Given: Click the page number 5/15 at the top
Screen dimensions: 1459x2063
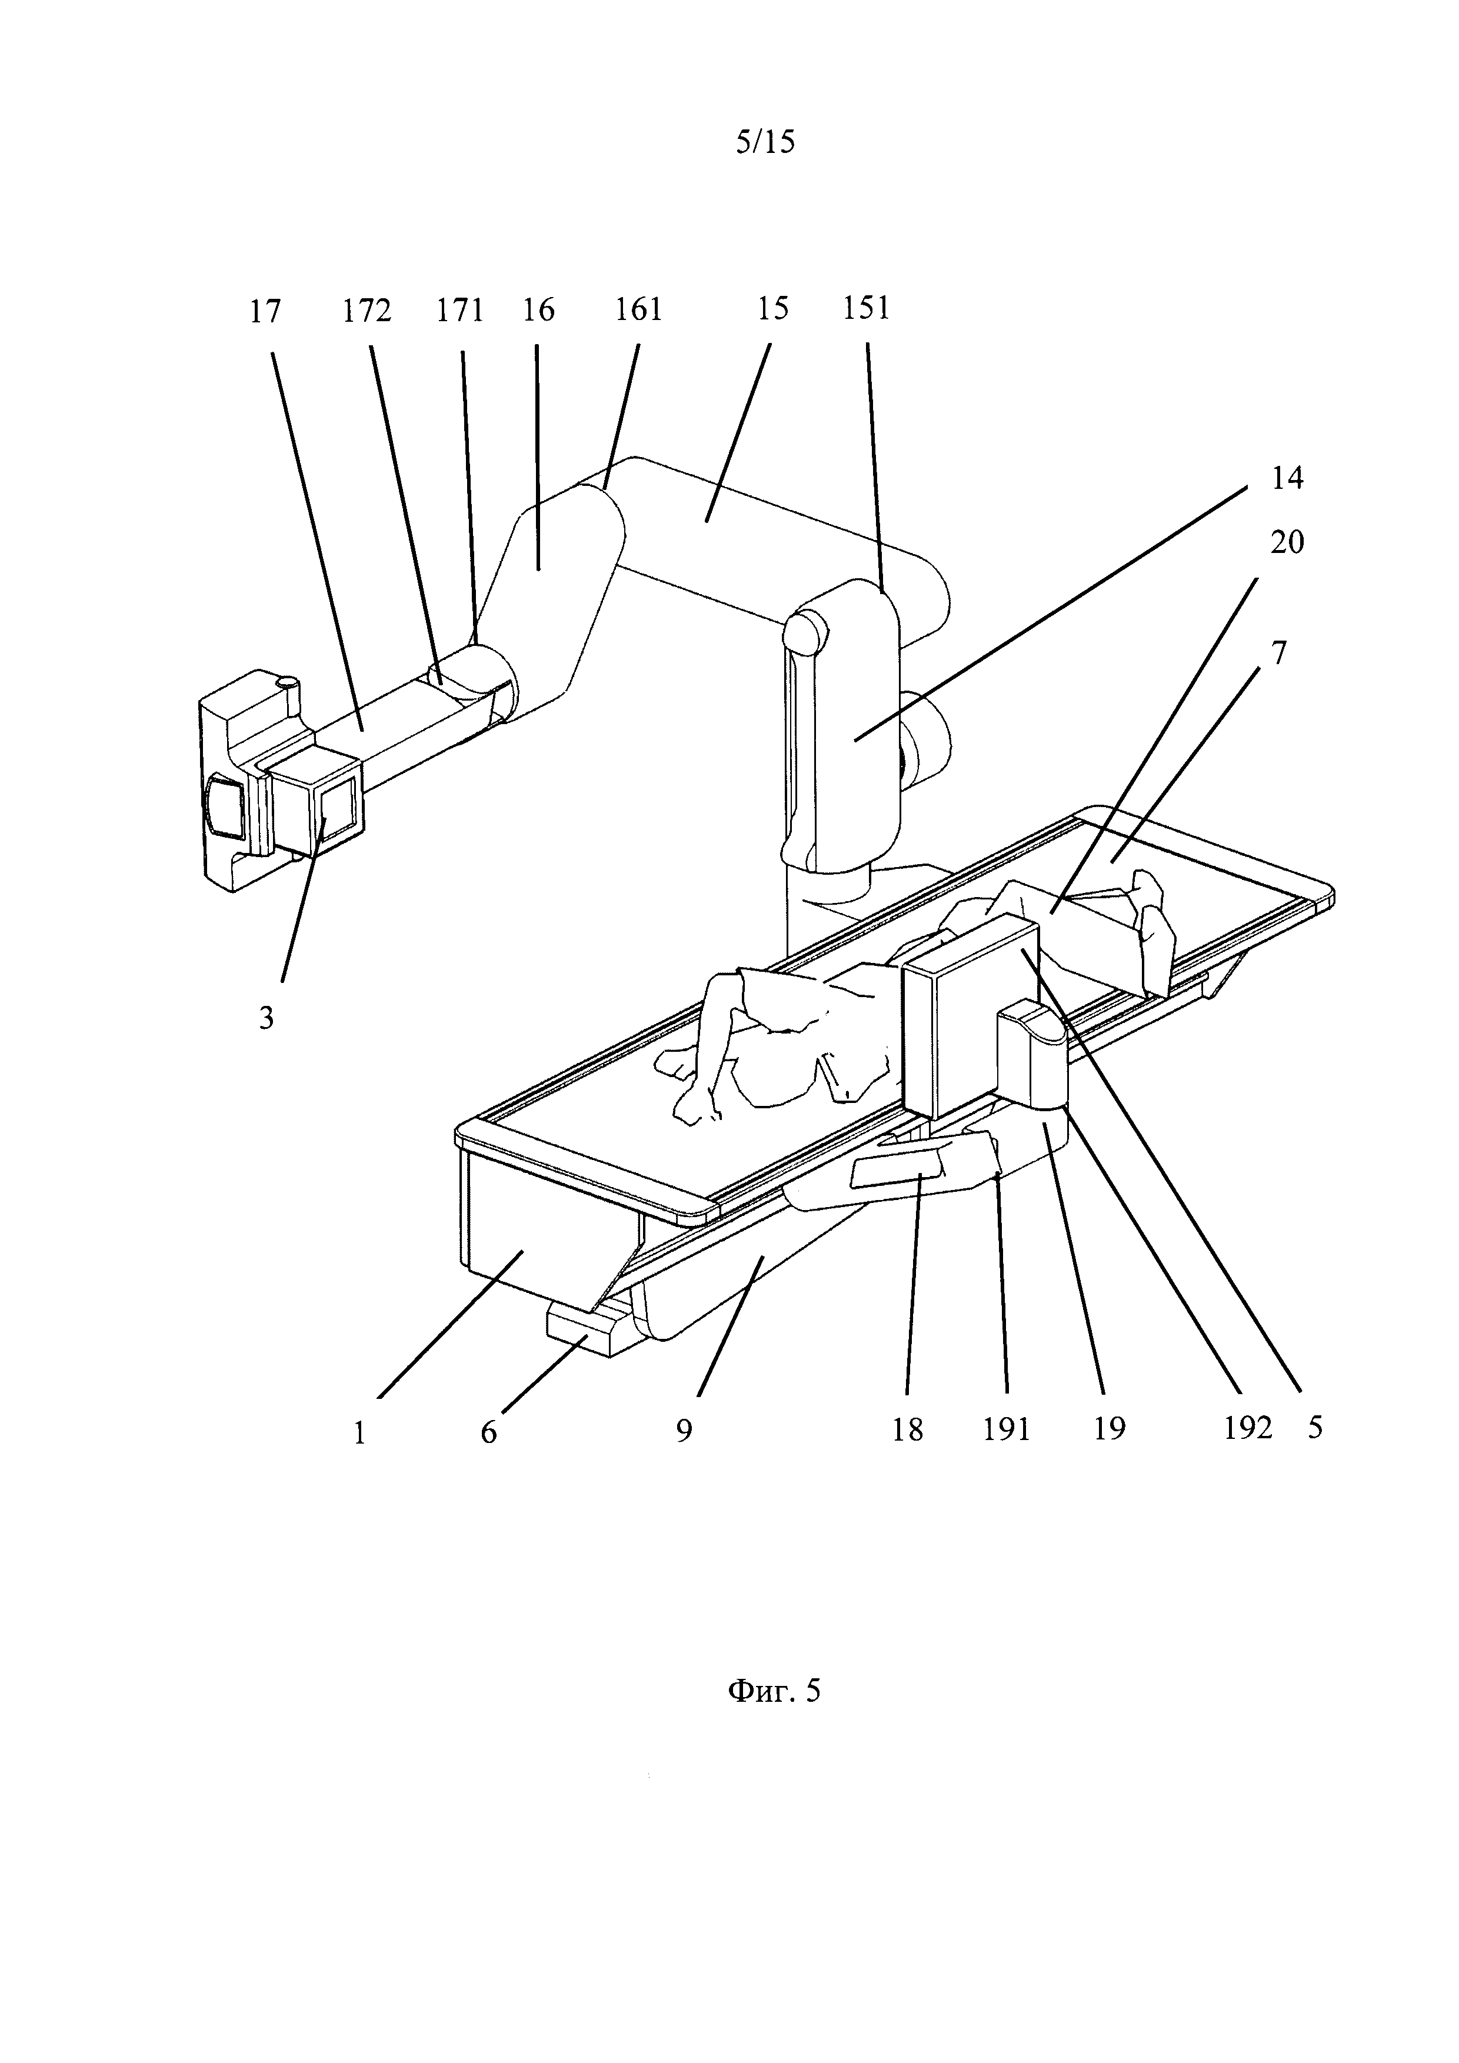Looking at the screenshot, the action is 765,142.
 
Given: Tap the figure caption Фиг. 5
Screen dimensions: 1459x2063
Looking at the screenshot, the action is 774,1692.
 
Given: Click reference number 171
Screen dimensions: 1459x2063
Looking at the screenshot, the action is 460,311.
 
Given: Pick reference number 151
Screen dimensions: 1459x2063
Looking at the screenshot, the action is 866,308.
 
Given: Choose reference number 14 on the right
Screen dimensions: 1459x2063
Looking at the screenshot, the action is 1287,478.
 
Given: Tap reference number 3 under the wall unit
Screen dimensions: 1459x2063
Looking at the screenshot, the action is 266,1018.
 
